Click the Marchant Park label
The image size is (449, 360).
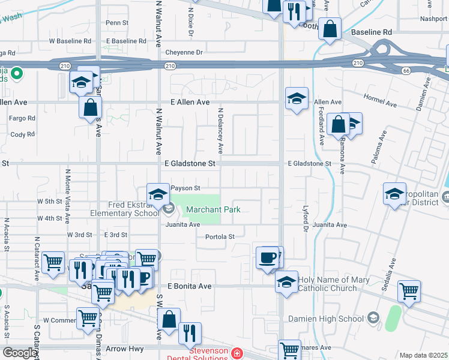212,209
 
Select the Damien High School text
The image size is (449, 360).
334,318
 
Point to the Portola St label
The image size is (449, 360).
220,236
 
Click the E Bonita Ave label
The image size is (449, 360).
190,287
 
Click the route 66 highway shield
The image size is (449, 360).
406,70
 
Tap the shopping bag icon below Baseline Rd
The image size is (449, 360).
330,29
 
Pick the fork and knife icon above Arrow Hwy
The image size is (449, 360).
190,332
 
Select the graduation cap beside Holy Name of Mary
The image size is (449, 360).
287,281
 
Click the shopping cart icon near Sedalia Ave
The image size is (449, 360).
409,291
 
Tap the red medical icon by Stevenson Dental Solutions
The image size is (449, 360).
238,353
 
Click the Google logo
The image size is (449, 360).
20,353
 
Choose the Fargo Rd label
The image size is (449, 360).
22,118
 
